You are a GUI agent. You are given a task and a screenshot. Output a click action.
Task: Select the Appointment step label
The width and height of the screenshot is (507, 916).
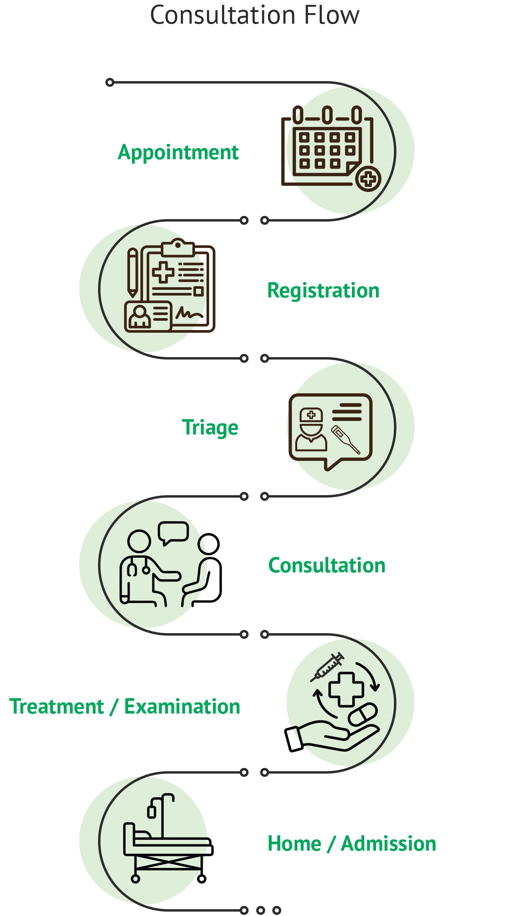(x=178, y=153)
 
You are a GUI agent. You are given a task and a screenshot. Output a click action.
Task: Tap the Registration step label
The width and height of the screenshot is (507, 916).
(x=323, y=291)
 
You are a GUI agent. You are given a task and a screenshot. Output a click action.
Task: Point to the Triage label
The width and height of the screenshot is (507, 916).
(x=210, y=428)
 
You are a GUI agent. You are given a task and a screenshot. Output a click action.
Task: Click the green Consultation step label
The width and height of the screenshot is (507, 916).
(x=327, y=565)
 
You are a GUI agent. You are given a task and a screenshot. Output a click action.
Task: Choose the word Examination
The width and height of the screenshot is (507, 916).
(x=182, y=706)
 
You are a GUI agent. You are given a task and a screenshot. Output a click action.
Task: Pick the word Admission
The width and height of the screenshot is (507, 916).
(x=389, y=844)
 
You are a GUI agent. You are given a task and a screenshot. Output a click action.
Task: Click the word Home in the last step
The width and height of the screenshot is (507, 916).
(x=294, y=844)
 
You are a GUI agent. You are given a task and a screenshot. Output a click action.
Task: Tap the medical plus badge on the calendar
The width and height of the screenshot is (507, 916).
(x=368, y=179)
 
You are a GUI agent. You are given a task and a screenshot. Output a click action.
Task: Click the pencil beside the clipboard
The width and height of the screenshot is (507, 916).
(x=133, y=273)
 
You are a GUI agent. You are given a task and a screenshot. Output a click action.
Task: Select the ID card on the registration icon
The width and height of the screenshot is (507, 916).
(x=148, y=316)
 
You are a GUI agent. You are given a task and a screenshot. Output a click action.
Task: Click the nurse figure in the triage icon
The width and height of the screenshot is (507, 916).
(x=311, y=429)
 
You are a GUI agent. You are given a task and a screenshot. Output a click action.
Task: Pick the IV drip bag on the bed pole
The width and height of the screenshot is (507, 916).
(x=152, y=812)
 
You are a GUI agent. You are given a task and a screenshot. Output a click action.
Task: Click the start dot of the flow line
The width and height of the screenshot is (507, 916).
(x=110, y=82)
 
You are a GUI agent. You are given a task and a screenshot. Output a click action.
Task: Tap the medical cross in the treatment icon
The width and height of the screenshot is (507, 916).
(x=346, y=690)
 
